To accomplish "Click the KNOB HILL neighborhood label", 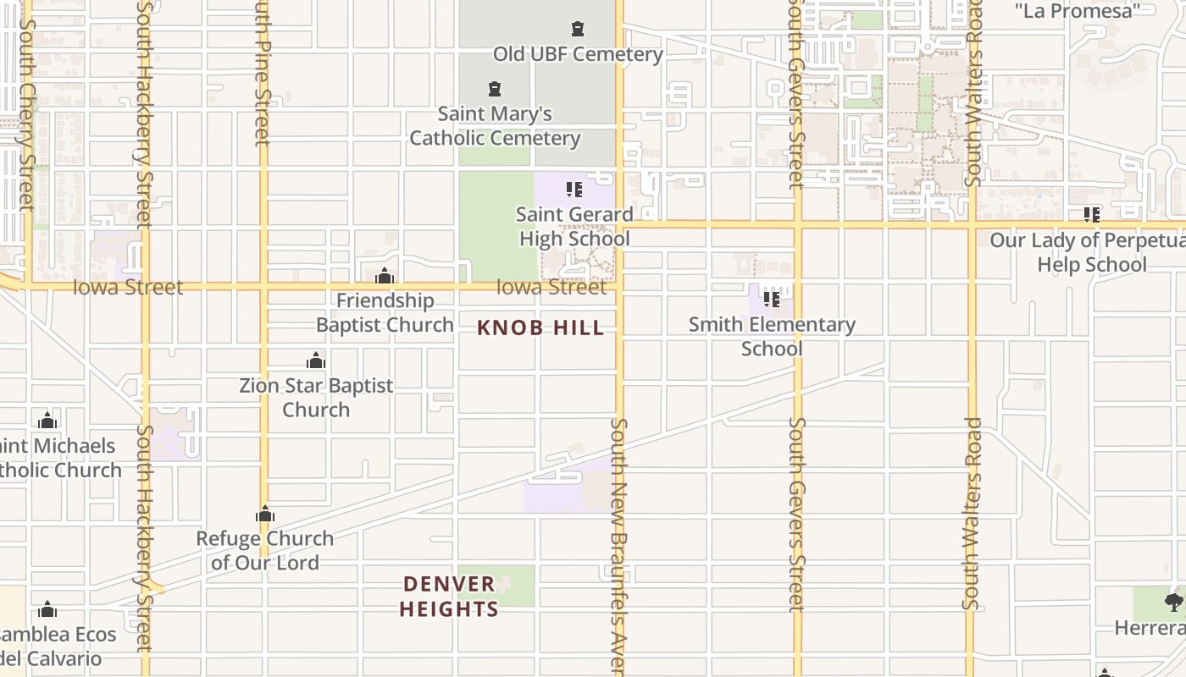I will click(540, 328).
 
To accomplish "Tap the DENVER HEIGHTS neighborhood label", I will click(449, 597).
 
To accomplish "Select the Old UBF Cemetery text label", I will click(578, 54).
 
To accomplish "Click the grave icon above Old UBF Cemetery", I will click(578, 30).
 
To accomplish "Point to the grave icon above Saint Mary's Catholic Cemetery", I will click(495, 89).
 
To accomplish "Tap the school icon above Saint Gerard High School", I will click(574, 190).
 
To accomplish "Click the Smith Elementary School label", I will click(772, 336).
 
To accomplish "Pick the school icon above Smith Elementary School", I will click(772, 299).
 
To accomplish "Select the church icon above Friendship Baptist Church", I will click(385, 276).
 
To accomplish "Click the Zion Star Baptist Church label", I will click(316, 397).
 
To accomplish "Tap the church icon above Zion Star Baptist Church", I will click(316, 361).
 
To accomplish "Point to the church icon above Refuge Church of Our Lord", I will click(265, 515).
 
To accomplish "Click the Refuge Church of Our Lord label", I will click(265, 550).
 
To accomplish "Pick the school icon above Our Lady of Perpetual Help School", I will click(1091, 215).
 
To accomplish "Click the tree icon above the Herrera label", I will click(1173, 603).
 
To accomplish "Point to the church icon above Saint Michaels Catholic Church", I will click(47, 421).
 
